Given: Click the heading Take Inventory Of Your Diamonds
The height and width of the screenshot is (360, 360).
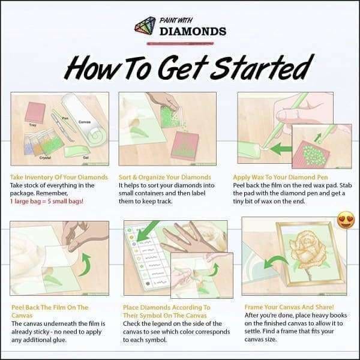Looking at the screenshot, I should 59,178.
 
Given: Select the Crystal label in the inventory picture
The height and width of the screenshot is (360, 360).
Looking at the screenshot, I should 45,157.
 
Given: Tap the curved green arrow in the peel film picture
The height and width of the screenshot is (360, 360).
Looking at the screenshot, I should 83,262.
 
